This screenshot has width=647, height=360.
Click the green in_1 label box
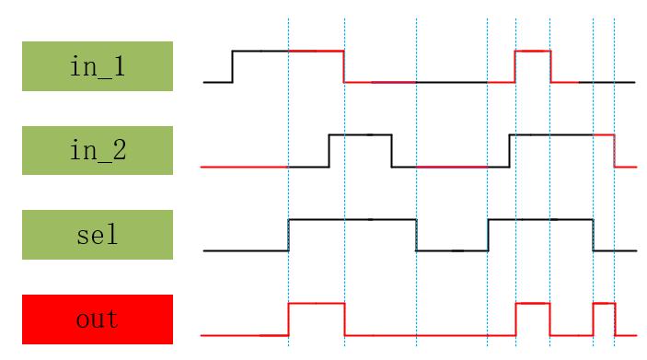tap(98, 66)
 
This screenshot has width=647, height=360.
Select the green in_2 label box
tap(98, 150)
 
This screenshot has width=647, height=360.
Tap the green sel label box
tap(98, 235)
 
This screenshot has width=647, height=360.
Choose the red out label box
tap(98, 319)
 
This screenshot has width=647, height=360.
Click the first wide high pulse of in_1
tap(287, 51)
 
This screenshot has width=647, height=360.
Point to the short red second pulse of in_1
tap(533, 51)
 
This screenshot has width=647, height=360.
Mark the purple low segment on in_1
tap(394, 82)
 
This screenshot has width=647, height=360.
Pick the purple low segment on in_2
tap(451, 167)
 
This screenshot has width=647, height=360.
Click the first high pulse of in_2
tap(360, 134)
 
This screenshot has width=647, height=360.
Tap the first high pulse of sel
tap(352, 219)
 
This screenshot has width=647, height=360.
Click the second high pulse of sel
tap(540, 219)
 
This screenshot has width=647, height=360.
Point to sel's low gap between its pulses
tap(452, 250)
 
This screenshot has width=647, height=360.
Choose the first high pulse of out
tap(317, 303)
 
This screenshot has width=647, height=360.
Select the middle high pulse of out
tap(533, 303)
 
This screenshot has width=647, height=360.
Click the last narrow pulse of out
tap(604, 303)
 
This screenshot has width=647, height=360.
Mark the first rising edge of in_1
tap(232, 66)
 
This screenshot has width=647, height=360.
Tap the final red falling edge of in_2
tap(615, 151)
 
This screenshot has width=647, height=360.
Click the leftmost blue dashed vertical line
tap(288, 184)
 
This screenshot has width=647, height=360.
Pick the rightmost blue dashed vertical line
tap(614, 184)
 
